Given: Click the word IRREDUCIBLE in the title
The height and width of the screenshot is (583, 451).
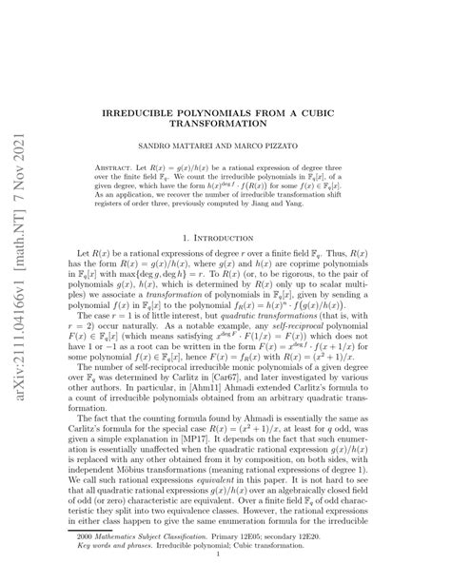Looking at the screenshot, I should (166, 111).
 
